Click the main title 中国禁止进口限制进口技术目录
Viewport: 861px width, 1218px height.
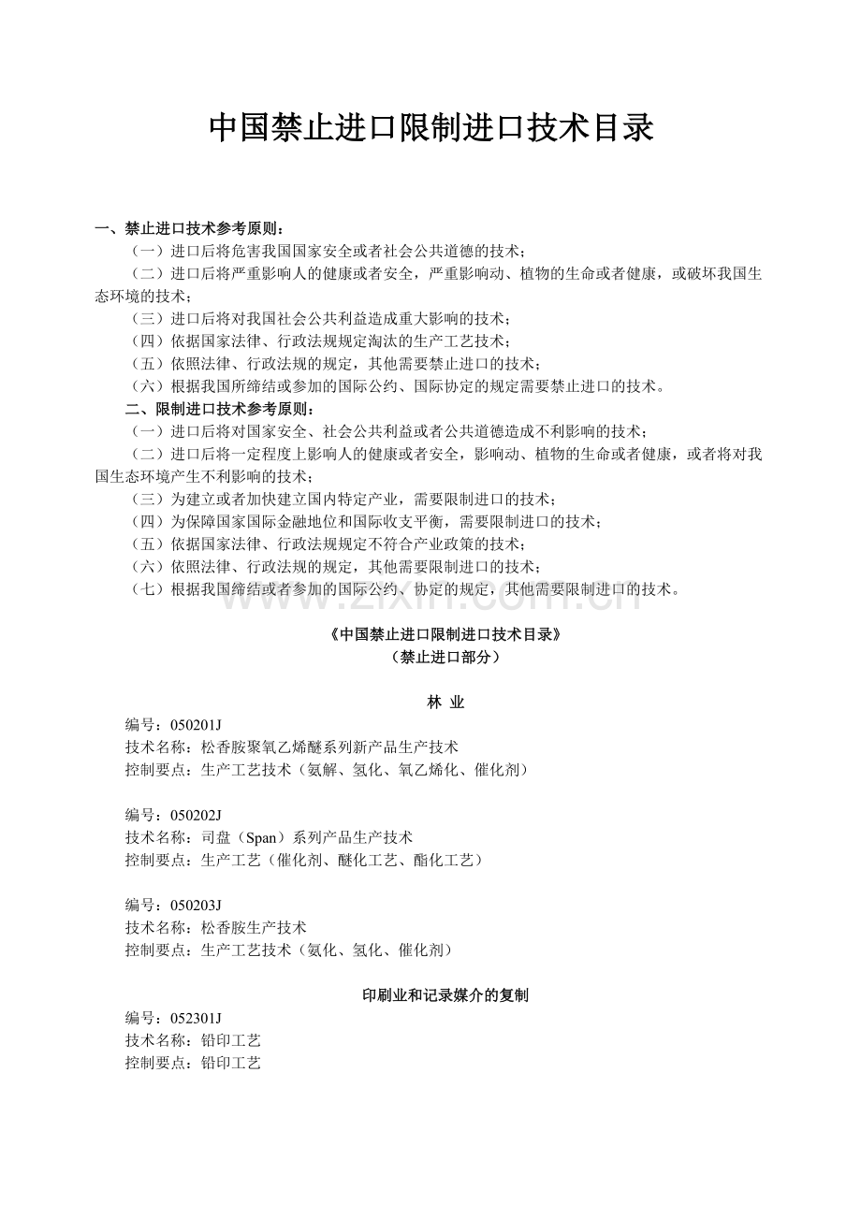pos(430,128)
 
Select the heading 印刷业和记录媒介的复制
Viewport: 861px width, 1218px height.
pos(445,995)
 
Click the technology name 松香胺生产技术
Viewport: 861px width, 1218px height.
pos(254,927)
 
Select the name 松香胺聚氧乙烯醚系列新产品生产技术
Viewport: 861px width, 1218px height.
pos(329,747)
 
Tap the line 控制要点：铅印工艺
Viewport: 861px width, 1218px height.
pos(193,1063)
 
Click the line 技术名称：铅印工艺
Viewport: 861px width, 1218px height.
pos(193,1040)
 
